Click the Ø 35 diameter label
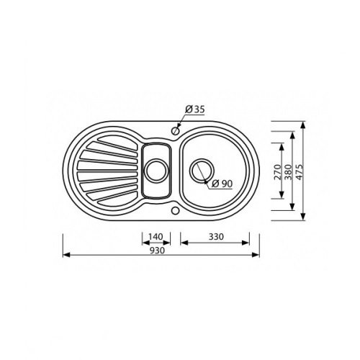tap(195, 109)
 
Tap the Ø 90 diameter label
tap(222, 184)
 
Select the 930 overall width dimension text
tap(158, 251)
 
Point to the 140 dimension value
tap(156, 237)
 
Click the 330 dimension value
tap(216, 237)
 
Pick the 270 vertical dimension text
tap(277, 172)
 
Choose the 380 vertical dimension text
tap(288, 172)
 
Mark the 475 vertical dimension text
tap(300, 172)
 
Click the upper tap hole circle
tap(176, 131)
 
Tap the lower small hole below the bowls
tap(176, 210)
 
